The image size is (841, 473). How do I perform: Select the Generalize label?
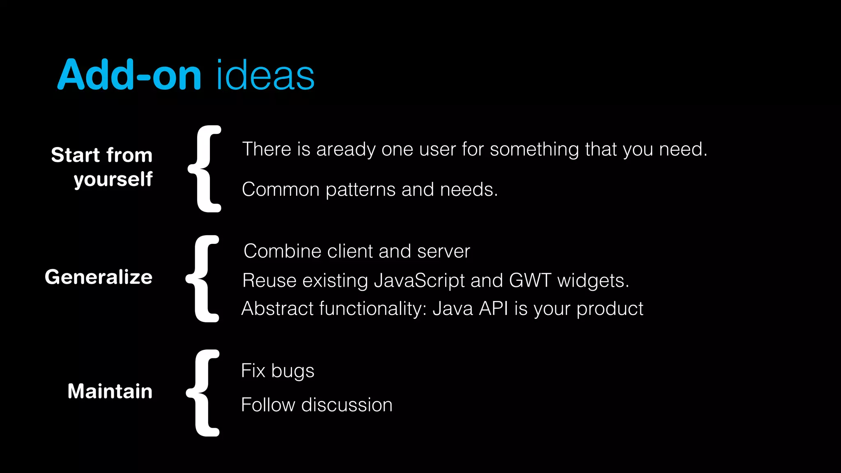(99, 277)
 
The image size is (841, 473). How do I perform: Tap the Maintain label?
(110, 391)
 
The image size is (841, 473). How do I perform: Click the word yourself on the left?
(113, 179)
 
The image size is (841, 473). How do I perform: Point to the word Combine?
(282, 251)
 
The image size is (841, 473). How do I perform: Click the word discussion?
(347, 405)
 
